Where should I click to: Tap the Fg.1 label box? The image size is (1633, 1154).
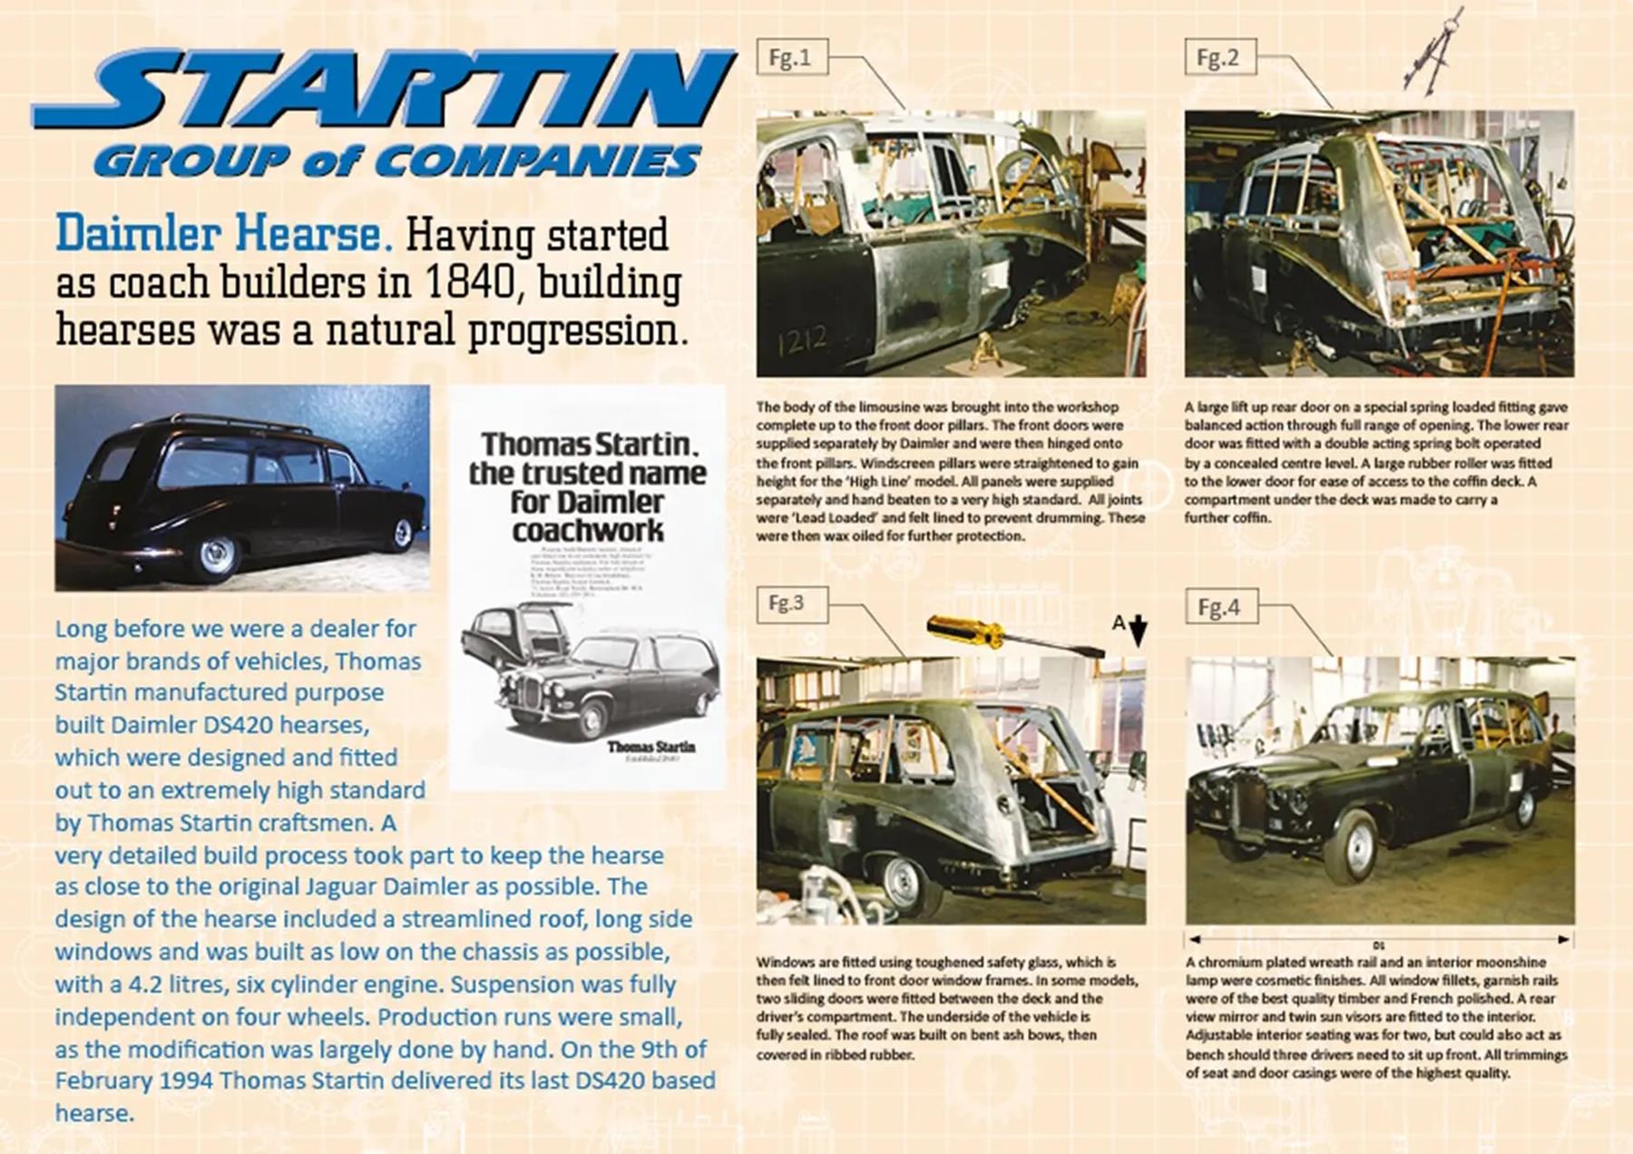[x=791, y=58]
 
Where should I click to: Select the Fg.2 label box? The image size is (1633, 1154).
[x=1219, y=58]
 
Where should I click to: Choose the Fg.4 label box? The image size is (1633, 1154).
[x=1221, y=607]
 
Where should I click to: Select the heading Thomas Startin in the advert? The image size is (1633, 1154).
[x=588, y=445]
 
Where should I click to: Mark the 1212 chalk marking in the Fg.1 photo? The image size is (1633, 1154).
[x=802, y=341]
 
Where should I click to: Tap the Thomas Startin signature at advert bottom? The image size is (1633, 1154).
[x=650, y=748]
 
